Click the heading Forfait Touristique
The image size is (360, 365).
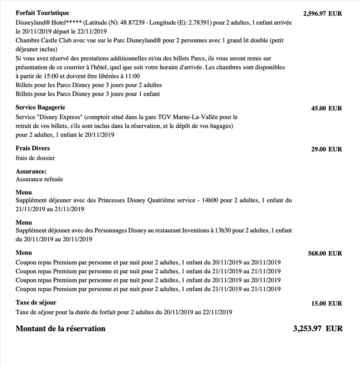click(x=42, y=13)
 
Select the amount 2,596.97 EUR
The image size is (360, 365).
click(x=322, y=14)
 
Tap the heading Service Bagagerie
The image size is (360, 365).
click(x=40, y=107)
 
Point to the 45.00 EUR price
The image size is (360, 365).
click(x=326, y=109)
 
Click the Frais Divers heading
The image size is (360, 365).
click(x=33, y=148)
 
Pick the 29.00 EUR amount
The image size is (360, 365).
click(x=326, y=149)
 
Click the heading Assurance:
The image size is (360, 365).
click(x=31, y=171)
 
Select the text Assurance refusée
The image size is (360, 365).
click(x=39, y=179)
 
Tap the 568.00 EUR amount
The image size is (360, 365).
click(x=325, y=254)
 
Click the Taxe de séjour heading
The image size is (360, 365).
click(x=36, y=302)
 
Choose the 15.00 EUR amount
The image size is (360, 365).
click(x=326, y=303)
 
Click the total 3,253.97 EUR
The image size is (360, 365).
click(x=317, y=328)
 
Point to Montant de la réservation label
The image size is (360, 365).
click(x=60, y=328)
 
